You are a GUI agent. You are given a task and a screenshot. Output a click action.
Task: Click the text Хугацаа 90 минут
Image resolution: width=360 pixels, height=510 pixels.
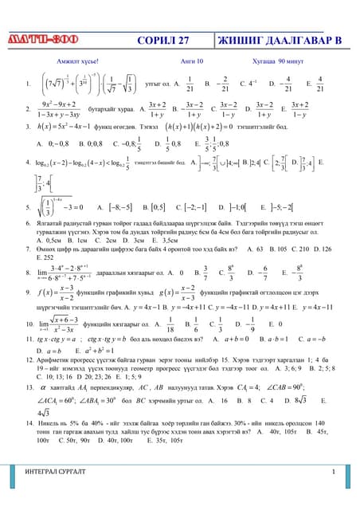point(275,61)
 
